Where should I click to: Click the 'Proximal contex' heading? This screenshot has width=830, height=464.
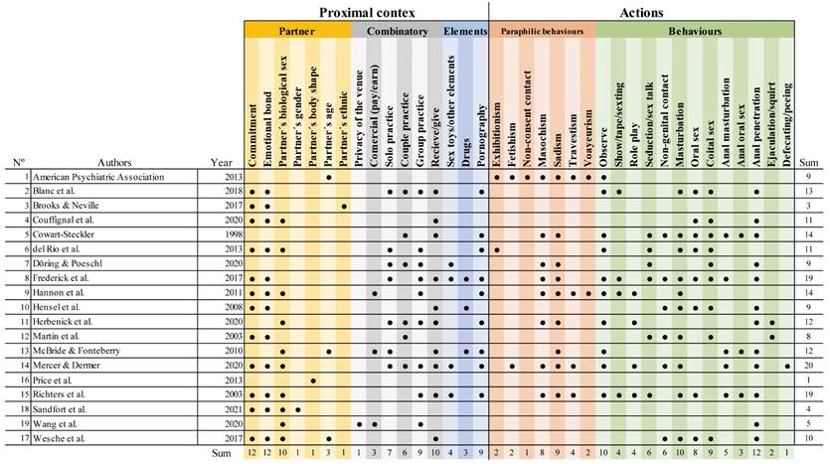coord(368,12)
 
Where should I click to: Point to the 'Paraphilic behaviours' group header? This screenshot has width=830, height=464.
coord(542,32)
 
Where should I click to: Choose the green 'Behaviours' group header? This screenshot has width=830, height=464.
coord(696,32)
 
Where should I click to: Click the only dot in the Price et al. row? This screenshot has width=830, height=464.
coord(314,380)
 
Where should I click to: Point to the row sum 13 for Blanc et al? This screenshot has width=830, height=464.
coord(810,190)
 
